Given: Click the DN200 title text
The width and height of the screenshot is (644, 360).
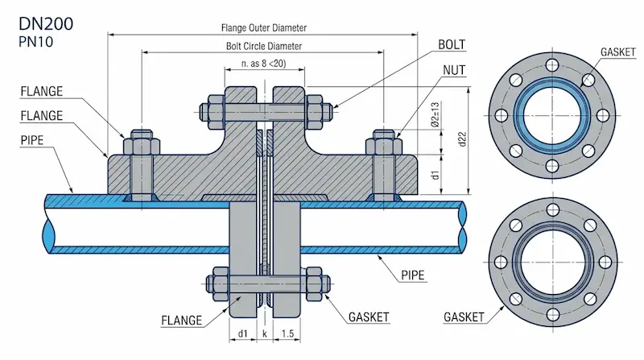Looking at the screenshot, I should pos(46,24).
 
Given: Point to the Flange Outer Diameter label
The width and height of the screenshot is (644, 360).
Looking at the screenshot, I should pos(264,27).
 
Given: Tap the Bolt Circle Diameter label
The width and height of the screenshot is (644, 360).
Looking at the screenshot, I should pos(264,46).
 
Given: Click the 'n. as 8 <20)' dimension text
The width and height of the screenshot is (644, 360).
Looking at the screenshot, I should pos(264,64).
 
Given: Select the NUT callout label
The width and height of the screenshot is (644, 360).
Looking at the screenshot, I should pos(455,71).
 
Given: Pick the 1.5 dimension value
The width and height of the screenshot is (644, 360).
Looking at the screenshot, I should pos(287,332).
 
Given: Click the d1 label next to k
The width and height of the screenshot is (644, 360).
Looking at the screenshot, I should pos(242,332).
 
